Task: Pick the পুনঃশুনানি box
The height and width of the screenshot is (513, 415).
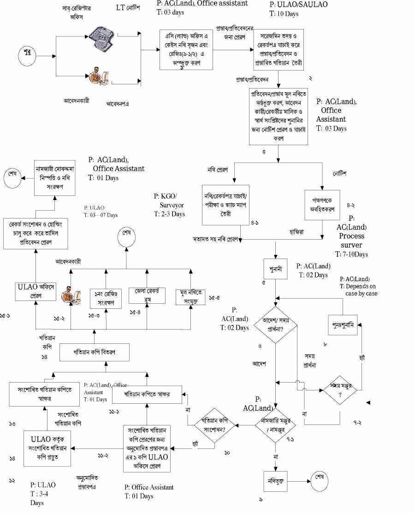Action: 343,325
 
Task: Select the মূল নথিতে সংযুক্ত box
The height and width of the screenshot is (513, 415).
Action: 191,296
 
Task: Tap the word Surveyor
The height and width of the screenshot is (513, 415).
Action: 169,205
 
